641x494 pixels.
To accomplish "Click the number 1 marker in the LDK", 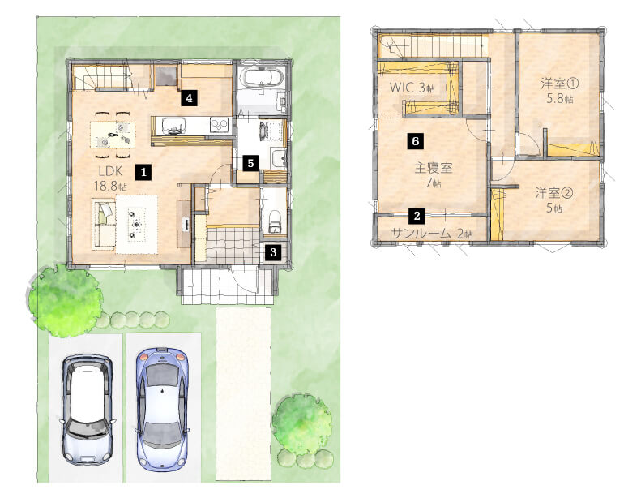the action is [x=143, y=172].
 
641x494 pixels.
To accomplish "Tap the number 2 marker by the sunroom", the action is [x=417, y=216].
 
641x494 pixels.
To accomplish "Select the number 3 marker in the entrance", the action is [x=273, y=252].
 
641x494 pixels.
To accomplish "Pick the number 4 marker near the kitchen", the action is [x=189, y=98].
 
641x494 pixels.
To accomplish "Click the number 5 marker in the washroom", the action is [x=250, y=163].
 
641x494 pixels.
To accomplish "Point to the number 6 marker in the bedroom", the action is [x=416, y=141].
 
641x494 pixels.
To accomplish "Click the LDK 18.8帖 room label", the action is [x=110, y=178].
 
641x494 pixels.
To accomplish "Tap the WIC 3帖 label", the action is [x=412, y=87].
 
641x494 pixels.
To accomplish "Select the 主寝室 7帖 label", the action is [x=434, y=175].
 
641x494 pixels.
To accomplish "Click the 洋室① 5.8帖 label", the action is [x=559, y=91].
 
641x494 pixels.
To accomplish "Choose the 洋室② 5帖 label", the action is [x=554, y=200].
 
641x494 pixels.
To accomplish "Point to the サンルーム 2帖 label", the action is [x=432, y=234].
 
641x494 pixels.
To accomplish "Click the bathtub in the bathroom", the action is [x=262, y=77].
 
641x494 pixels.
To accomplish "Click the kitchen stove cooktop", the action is [x=219, y=124].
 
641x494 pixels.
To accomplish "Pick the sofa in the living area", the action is [x=104, y=224].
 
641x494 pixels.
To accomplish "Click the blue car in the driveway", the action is [x=163, y=409].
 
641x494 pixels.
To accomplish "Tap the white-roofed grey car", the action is [x=88, y=410].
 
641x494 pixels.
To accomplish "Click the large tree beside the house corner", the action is [x=65, y=300].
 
